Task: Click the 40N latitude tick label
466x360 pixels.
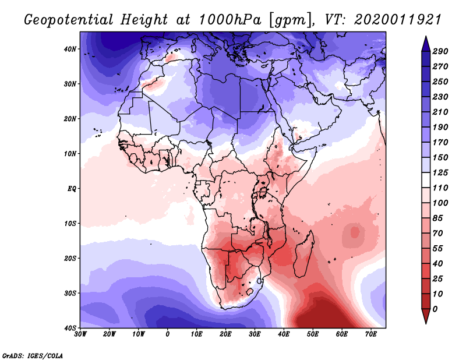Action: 70,49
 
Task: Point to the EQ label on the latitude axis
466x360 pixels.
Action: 71,189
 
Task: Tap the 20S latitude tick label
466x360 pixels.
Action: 70,258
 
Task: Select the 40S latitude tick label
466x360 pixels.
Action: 70,327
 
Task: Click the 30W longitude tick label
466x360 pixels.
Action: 81,334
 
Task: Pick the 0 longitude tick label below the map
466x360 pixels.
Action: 168,334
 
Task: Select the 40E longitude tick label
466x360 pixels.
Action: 284,334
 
